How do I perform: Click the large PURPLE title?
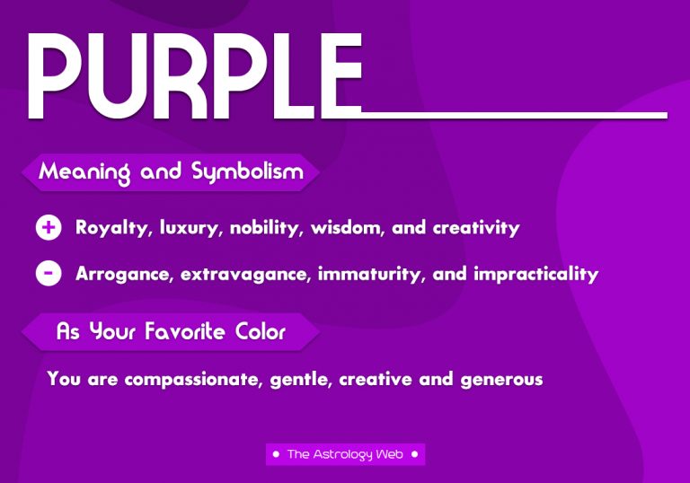193,76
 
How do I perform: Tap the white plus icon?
49,227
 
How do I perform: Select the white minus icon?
49,273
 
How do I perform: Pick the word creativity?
476,228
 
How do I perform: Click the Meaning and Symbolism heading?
171,171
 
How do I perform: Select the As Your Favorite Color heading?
171,331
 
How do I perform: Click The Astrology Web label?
345,454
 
